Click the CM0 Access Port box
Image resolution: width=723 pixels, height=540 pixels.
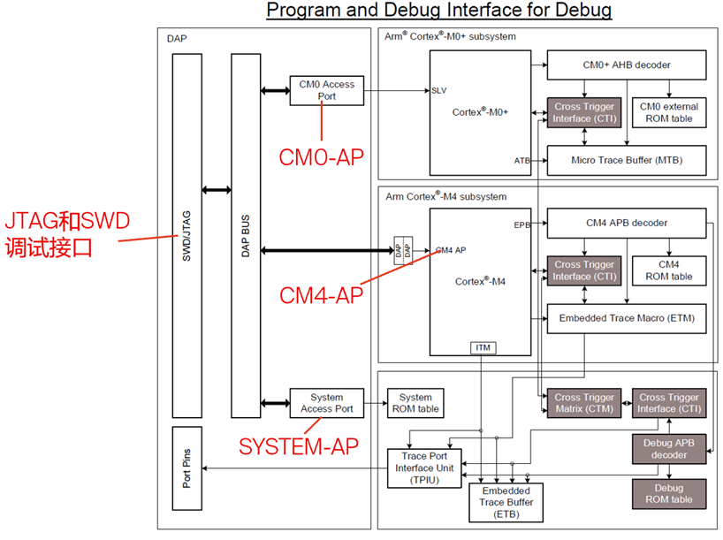[326, 90]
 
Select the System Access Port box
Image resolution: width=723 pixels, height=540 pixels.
[326, 403]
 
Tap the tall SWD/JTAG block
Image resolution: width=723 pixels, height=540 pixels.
[186, 235]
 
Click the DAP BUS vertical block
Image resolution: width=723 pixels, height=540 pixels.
[246, 235]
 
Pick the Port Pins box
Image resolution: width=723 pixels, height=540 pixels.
[186, 469]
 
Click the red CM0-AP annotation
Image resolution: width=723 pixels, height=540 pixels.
[321, 157]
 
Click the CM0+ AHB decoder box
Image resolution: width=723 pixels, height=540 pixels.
[627, 64]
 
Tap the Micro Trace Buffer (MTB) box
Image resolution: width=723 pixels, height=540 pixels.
[627, 160]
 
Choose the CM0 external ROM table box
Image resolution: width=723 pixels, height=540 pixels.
[668, 112]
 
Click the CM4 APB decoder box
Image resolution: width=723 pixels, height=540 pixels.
[627, 223]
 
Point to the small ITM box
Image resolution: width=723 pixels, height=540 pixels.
[482, 348]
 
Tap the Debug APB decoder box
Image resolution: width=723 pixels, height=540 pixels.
[669, 449]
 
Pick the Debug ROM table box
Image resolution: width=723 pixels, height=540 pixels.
[669, 493]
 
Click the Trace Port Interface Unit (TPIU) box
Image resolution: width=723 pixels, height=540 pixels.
[425, 468]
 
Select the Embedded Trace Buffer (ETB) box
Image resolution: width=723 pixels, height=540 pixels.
[505, 501]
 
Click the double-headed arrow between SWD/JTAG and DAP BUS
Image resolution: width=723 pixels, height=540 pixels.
[217, 189]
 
